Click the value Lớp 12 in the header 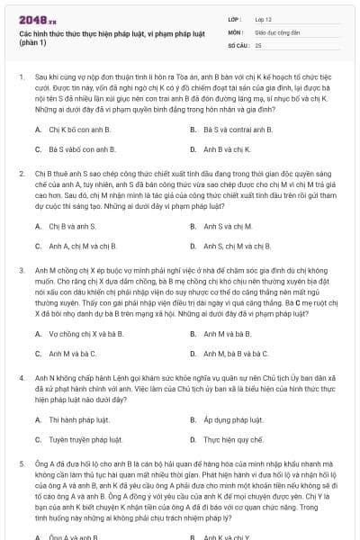[263, 18]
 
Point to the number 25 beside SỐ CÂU [258, 44]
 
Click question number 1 [22, 78]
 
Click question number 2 [22, 170]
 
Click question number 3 [22, 267]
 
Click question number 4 [22, 376]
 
